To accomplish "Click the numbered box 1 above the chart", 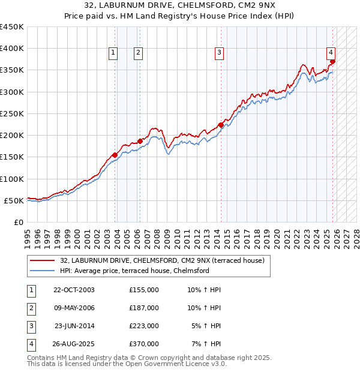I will pos(112,53).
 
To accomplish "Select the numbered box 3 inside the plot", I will pos(219,53).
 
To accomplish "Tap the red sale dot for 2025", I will pos(332,61).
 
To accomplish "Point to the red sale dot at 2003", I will pos(115,155).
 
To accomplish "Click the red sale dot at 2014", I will pos(221,125).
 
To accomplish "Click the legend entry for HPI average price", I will pos(134,271).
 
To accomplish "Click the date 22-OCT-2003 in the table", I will pos(74,290).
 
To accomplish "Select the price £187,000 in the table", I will pos(144,308).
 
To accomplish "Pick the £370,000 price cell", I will pos(144,344).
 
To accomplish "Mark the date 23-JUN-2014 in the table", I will pos(74,326).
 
